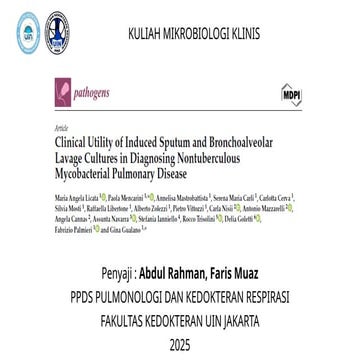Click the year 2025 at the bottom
tap(180, 346)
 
